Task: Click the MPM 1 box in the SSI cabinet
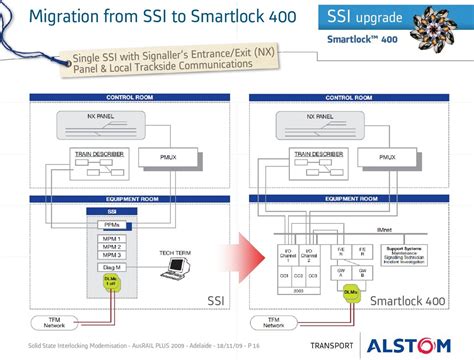pyautogui.click(x=112, y=239)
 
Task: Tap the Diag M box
pyautogui.click(x=112, y=268)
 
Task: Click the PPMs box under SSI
pyautogui.click(x=112, y=225)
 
